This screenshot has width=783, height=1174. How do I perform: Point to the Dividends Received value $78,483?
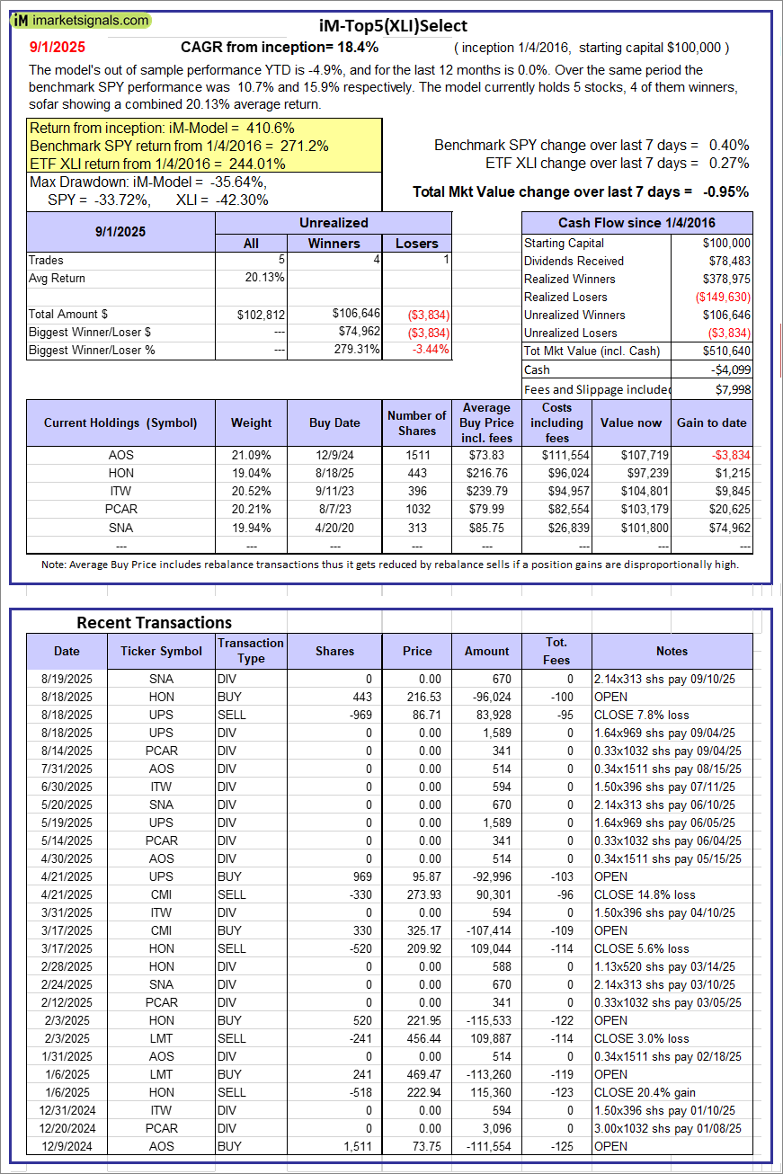coord(726,261)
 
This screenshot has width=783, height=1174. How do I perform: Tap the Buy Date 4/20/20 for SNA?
coord(334,528)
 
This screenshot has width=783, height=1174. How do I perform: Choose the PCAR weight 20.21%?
coord(251,510)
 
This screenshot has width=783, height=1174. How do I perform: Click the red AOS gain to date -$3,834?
coord(728,456)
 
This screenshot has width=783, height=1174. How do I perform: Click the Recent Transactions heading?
coord(154,623)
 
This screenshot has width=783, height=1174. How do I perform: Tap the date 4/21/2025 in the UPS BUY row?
coord(67,876)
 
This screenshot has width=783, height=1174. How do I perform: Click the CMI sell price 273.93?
coord(417,894)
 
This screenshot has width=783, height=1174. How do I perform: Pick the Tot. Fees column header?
coord(556,651)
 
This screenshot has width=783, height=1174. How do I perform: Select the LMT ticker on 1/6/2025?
coord(162,1074)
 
